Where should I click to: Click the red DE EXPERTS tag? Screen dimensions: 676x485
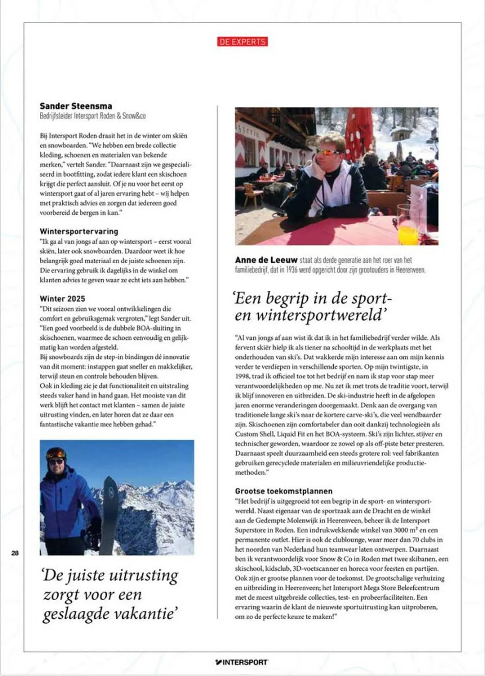242,42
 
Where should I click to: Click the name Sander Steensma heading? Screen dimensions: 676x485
76,106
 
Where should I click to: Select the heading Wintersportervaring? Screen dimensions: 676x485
79,231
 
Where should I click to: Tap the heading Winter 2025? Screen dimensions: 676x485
62,298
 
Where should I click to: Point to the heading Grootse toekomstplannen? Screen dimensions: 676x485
284,491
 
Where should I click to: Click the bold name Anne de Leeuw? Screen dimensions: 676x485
266,260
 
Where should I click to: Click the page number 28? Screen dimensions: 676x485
15,553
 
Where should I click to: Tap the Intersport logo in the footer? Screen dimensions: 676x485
242,662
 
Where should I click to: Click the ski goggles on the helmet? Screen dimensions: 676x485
56,453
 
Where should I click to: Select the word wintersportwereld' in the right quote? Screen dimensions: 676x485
321,315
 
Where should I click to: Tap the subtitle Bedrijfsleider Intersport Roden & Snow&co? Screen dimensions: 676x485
93,116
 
